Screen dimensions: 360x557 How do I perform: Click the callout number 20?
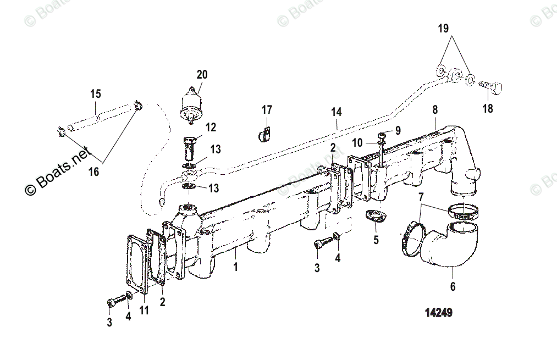click(202, 75)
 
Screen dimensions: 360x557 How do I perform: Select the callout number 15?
click(96, 94)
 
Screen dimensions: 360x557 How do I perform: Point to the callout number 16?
click(94, 172)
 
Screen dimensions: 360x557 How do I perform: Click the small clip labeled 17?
click(263, 134)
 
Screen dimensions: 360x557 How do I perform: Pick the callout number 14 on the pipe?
click(336, 112)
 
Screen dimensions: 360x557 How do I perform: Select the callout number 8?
click(434, 110)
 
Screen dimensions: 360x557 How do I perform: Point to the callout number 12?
click(211, 128)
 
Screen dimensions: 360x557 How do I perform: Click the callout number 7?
click(421, 197)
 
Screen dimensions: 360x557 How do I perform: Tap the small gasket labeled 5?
click(376, 218)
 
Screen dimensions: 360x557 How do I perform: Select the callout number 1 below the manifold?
click(235, 268)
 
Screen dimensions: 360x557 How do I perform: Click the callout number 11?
click(144, 311)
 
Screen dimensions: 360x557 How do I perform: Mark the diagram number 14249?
click(438, 313)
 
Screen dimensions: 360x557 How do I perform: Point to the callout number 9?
click(399, 131)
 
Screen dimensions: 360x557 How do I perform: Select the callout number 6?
click(453, 286)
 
